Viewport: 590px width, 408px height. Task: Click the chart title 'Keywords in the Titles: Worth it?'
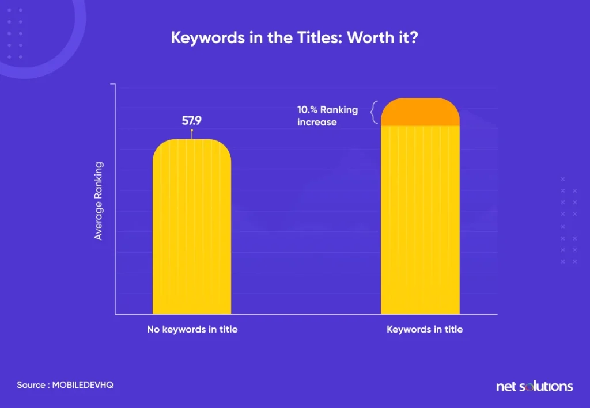(294, 37)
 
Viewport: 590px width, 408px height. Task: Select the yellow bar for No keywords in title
(192, 227)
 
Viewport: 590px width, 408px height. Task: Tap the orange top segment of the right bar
(420, 112)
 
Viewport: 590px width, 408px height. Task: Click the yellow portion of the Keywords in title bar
(420, 220)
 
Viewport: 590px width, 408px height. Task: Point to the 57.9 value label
(191, 121)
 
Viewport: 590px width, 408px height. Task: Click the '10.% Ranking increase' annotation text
(327, 116)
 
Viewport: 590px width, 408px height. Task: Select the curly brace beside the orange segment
(374, 112)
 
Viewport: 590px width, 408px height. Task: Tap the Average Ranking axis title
(98, 201)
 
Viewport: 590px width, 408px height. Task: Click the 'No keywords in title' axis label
(192, 330)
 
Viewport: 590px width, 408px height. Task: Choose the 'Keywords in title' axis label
(425, 330)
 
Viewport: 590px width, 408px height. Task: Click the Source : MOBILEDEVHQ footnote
(65, 385)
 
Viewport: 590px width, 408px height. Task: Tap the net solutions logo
(534, 386)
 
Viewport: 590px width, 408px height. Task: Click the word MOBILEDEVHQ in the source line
(83, 385)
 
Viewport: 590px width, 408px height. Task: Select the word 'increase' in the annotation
(317, 122)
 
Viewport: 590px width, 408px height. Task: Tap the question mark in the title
(414, 37)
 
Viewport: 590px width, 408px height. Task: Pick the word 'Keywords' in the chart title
(207, 37)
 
